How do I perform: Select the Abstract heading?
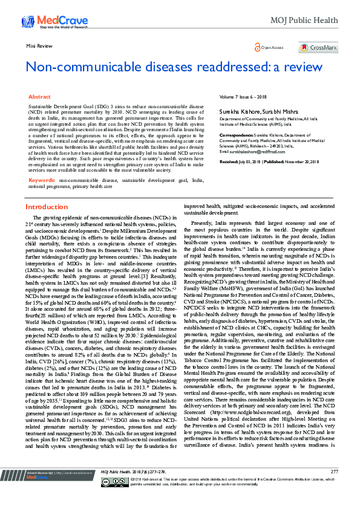pyautogui.click(x=39, y=97)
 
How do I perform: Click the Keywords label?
pyautogui.click(x=42, y=180)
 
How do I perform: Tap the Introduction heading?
pyautogui.click(x=46, y=207)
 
